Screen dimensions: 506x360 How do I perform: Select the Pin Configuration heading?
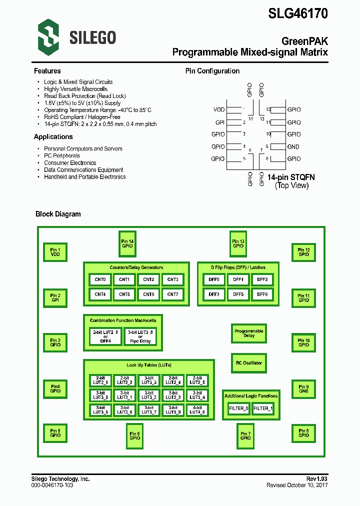click(212, 71)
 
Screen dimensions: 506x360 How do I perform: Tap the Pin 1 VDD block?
click(55, 252)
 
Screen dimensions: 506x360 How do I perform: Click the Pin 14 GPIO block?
click(127, 243)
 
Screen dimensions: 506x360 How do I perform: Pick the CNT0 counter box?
click(100, 280)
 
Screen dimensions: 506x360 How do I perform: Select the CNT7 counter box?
click(172, 294)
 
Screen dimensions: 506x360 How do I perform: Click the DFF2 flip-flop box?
click(262, 280)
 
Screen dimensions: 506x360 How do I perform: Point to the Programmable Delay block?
click(249, 333)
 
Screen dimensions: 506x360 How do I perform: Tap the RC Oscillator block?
click(249, 363)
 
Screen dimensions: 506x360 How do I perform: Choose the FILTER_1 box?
click(263, 408)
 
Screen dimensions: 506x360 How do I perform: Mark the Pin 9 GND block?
click(303, 389)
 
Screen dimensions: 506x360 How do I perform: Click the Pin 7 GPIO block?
click(245, 435)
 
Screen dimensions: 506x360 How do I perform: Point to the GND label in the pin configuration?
click(293, 147)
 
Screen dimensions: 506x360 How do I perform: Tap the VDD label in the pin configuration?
click(219, 109)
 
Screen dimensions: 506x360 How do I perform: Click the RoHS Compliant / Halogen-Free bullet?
click(82, 117)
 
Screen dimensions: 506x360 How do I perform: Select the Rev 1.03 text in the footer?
click(316, 479)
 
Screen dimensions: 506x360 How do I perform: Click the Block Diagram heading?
click(58, 214)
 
